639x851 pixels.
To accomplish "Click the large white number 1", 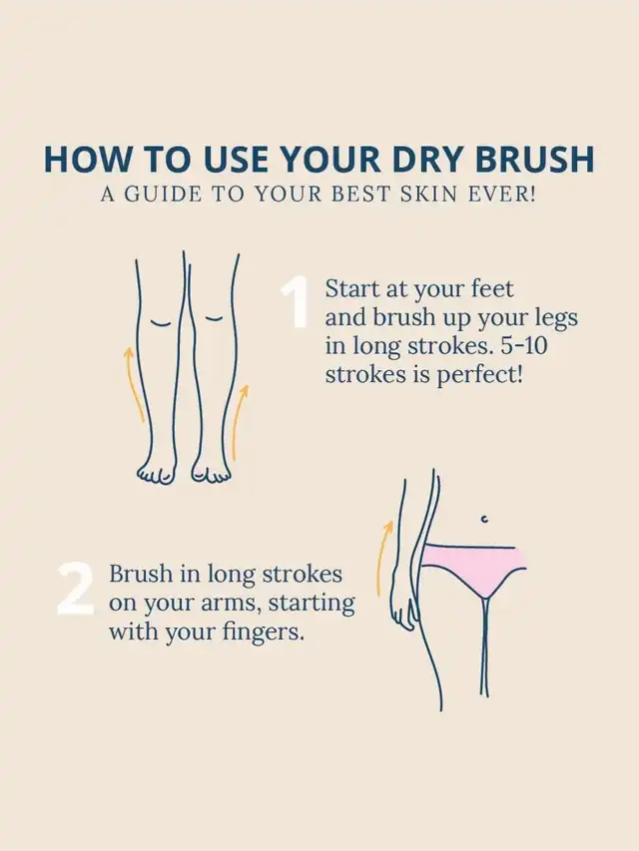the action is [296, 303].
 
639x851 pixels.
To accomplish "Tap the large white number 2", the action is [76, 590].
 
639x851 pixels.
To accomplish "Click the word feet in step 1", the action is [492, 288].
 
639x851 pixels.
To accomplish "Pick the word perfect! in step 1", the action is [480, 375].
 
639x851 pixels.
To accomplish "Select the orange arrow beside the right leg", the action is [240, 422].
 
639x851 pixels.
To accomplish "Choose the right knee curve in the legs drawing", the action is [214, 318].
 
